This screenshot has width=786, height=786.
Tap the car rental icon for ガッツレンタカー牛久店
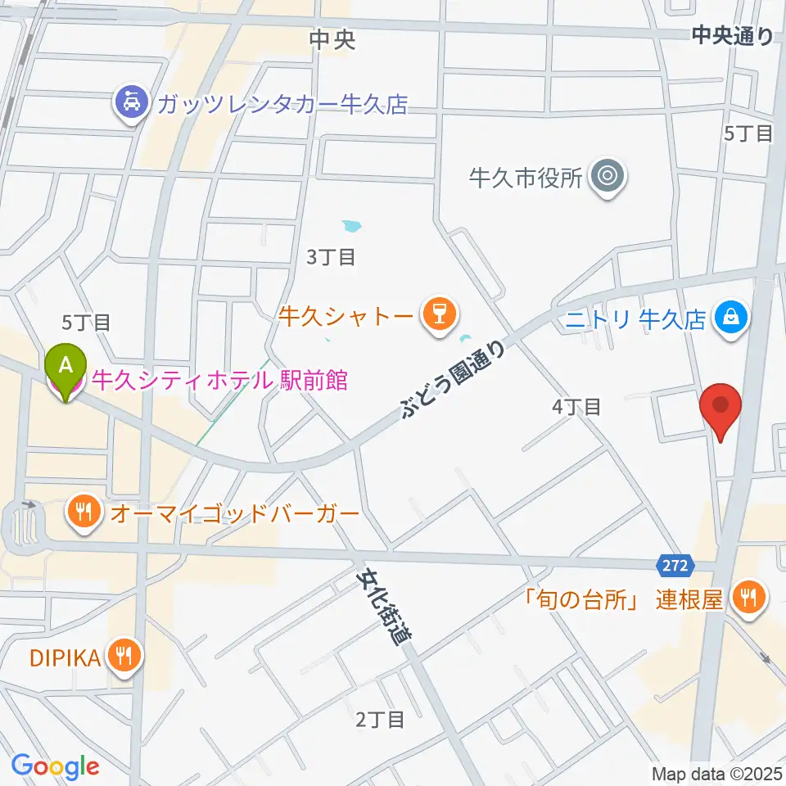coord(131,104)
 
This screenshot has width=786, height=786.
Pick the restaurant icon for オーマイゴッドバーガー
coord(84,514)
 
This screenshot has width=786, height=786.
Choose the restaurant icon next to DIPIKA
coord(125,656)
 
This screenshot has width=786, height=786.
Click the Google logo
coord(55,766)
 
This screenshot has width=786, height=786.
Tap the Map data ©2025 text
coord(718,773)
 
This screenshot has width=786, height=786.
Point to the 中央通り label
coord(732,35)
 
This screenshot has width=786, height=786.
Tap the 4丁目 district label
coord(577,405)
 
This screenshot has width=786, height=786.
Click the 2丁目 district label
coord(380,720)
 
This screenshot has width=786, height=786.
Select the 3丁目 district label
coord(331,257)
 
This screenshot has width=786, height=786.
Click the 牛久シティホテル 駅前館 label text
coord(219,380)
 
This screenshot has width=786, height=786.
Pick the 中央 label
coord(333,40)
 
